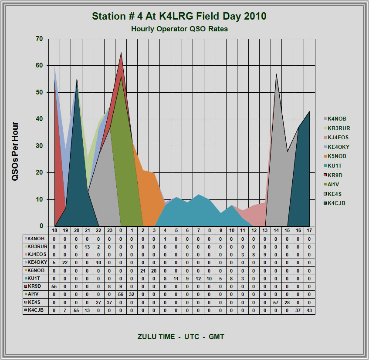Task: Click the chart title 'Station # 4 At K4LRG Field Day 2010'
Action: pyautogui.click(x=179, y=17)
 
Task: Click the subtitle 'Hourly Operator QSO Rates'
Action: pyautogui.click(x=179, y=29)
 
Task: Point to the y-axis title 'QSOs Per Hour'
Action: pyautogui.click(x=15, y=151)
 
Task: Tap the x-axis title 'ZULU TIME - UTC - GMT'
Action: pyautogui.click(x=181, y=336)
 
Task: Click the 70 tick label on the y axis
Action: pyautogui.click(x=39, y=39)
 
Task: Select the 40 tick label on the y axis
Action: pyautogui.click(x=39, y=119)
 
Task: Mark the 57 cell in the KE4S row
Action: pyautogui.click(x=276, y=303)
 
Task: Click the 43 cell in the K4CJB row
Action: pyautogui.click(x=310, y=310)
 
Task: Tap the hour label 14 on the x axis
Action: pyautogui.click(x=276, y=230)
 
